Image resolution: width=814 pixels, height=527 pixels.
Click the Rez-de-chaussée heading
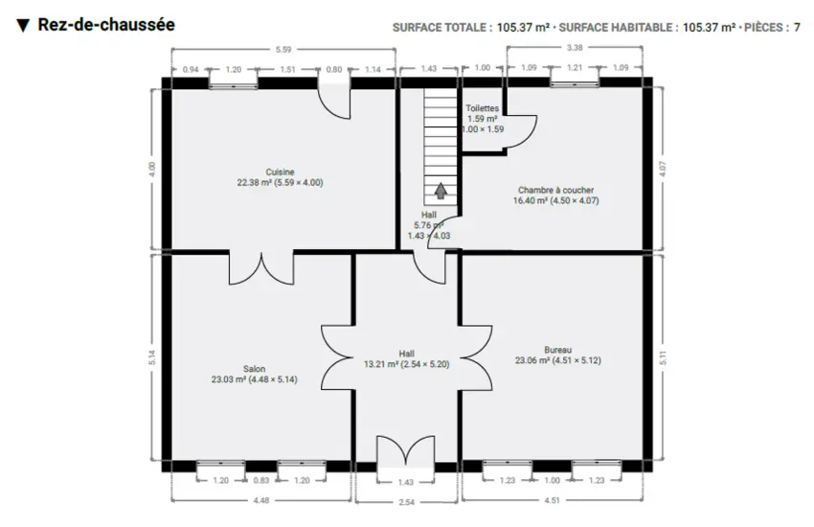coord(106,24)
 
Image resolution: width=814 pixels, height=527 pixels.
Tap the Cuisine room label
coord(280,172)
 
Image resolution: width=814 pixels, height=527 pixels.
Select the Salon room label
coord(254,369)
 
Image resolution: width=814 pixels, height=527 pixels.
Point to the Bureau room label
coord(557,350)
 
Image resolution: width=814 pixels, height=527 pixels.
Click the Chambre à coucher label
coord(555,190)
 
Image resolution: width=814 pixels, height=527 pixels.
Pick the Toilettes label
coord(482,108)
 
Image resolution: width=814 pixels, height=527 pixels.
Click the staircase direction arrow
coord(441,191)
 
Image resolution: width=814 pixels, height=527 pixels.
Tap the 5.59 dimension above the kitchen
coord(283,49)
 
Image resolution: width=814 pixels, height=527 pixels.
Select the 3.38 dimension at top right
coord(575,47)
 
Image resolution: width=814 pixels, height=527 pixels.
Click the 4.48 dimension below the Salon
coord(261,500)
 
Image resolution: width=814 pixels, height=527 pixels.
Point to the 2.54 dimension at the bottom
coord(406,502)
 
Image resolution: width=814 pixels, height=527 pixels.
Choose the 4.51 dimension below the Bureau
coord(552,500)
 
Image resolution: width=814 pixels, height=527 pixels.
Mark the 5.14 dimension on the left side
coord(151,357)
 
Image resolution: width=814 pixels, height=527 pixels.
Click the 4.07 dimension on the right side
coord(662,169)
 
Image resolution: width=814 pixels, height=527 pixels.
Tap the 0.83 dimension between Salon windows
coord(261,480)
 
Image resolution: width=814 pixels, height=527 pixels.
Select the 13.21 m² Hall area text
coord(406,364)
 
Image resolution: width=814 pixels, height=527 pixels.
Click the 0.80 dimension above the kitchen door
coord(334,69)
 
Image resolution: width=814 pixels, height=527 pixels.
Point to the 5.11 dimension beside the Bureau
coord(662,357)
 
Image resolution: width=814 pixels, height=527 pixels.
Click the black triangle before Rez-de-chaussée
coord(23,25)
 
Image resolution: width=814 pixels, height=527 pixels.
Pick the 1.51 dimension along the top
coord(287,69)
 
